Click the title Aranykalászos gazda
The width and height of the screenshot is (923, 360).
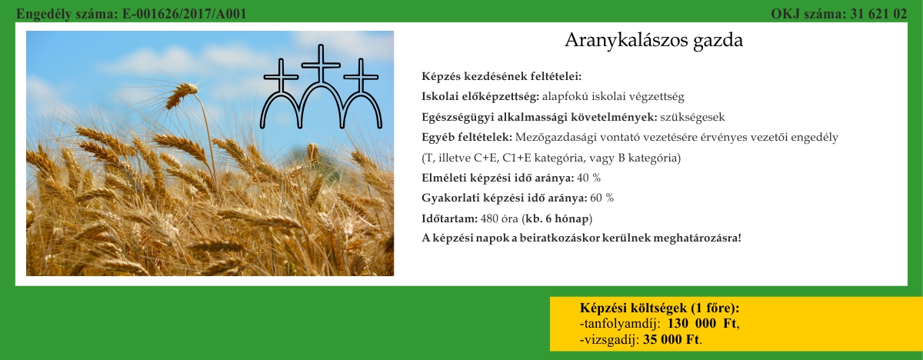point(654,41)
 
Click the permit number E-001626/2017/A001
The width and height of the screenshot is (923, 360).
point(184,14)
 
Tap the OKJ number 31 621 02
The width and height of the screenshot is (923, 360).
point(878,14)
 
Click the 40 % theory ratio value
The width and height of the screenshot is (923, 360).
point(589,178)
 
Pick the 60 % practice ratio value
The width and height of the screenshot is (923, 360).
point(602,198)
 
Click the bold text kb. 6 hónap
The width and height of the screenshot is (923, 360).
point(557,218)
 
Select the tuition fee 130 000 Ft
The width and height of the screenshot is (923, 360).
point(701,324)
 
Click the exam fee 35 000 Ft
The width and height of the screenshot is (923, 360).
point(671,340)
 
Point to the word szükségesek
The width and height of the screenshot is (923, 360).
point(692,118)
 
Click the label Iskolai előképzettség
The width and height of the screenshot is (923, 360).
point(480,97)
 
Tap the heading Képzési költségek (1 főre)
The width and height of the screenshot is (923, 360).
point(660,308)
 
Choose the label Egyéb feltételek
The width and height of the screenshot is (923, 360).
point(467,137)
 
